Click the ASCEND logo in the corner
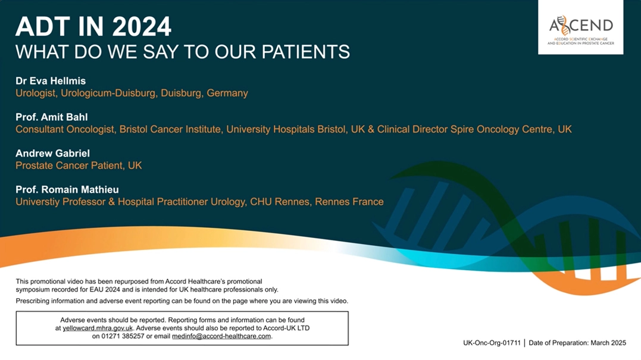pos(580,27)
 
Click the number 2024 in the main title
pos(142,27)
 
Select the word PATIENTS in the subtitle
pos(305,52)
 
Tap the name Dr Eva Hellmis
pos(51,81)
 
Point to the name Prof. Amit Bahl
pos(52,117)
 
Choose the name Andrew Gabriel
pos(53,154)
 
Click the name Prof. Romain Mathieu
pos(67,190)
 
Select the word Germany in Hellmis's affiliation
pos(227,93)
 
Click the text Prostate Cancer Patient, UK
pos(79,165)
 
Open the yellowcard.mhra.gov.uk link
pos(98,328)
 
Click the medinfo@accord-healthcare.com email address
pos(221,336)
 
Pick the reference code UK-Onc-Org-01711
pos(492,343)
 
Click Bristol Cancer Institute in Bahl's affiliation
pos(170,130)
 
